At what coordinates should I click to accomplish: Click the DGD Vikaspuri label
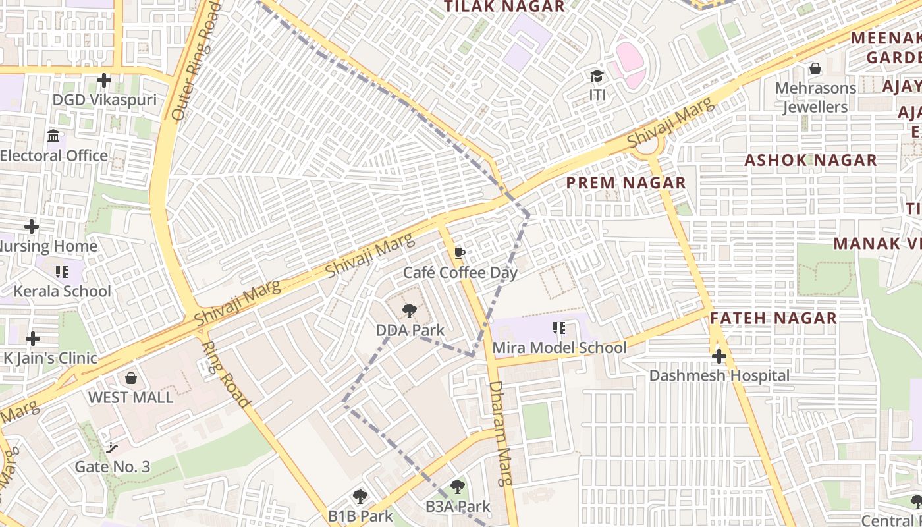pos(105,100)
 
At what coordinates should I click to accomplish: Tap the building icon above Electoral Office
pos(54,136)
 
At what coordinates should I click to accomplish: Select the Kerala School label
pos(63,291)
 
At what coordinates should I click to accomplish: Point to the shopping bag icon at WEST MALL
pos(131,378)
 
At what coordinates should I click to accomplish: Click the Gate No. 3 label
pos(113,467)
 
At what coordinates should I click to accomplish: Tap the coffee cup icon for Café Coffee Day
pos(460,254)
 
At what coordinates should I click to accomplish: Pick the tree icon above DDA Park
pos(410,311)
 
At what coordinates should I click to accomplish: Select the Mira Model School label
pos(559,347)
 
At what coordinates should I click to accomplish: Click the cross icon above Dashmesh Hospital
pos(719,356)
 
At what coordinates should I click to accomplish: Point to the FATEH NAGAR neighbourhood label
pos(773,318)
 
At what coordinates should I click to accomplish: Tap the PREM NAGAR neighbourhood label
pos(626,182)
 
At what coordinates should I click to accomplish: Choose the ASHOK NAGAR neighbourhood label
pos(810,160)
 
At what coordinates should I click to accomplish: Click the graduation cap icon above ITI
pos(597,76)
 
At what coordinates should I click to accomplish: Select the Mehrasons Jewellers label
pos(815,97)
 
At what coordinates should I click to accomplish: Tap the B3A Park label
pos(458,507)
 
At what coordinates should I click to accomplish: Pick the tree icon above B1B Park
pos(360,496)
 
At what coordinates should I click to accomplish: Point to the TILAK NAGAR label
pos(504,7)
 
